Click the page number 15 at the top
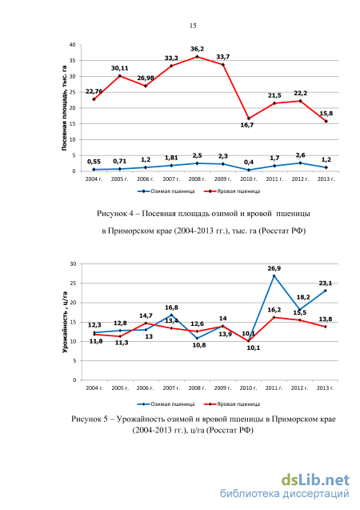[x=193, y=26]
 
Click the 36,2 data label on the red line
[x=198, y=49]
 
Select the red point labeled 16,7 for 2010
[x=249, y=118]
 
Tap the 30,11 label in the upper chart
[x=119, y=68]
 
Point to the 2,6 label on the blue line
[x=300, y=155]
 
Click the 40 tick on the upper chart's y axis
[x=73, y=45]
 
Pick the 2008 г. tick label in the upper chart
[x=197, y=179]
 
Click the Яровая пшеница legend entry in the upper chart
[x=232, y=191]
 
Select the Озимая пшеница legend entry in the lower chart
[x=166, y=404]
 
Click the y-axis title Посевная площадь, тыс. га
[x=64, y=108]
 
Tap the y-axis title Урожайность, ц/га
[x=65, y=322]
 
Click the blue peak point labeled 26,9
[x=274, y=275]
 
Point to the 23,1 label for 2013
[x=326, y=283]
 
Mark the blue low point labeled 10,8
[x=198, y=338]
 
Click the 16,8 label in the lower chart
[x=171, y=307]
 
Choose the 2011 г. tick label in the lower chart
[x=274, y=388]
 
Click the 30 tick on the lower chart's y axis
[x=73, y=263]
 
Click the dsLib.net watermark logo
[x=315, y=480]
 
